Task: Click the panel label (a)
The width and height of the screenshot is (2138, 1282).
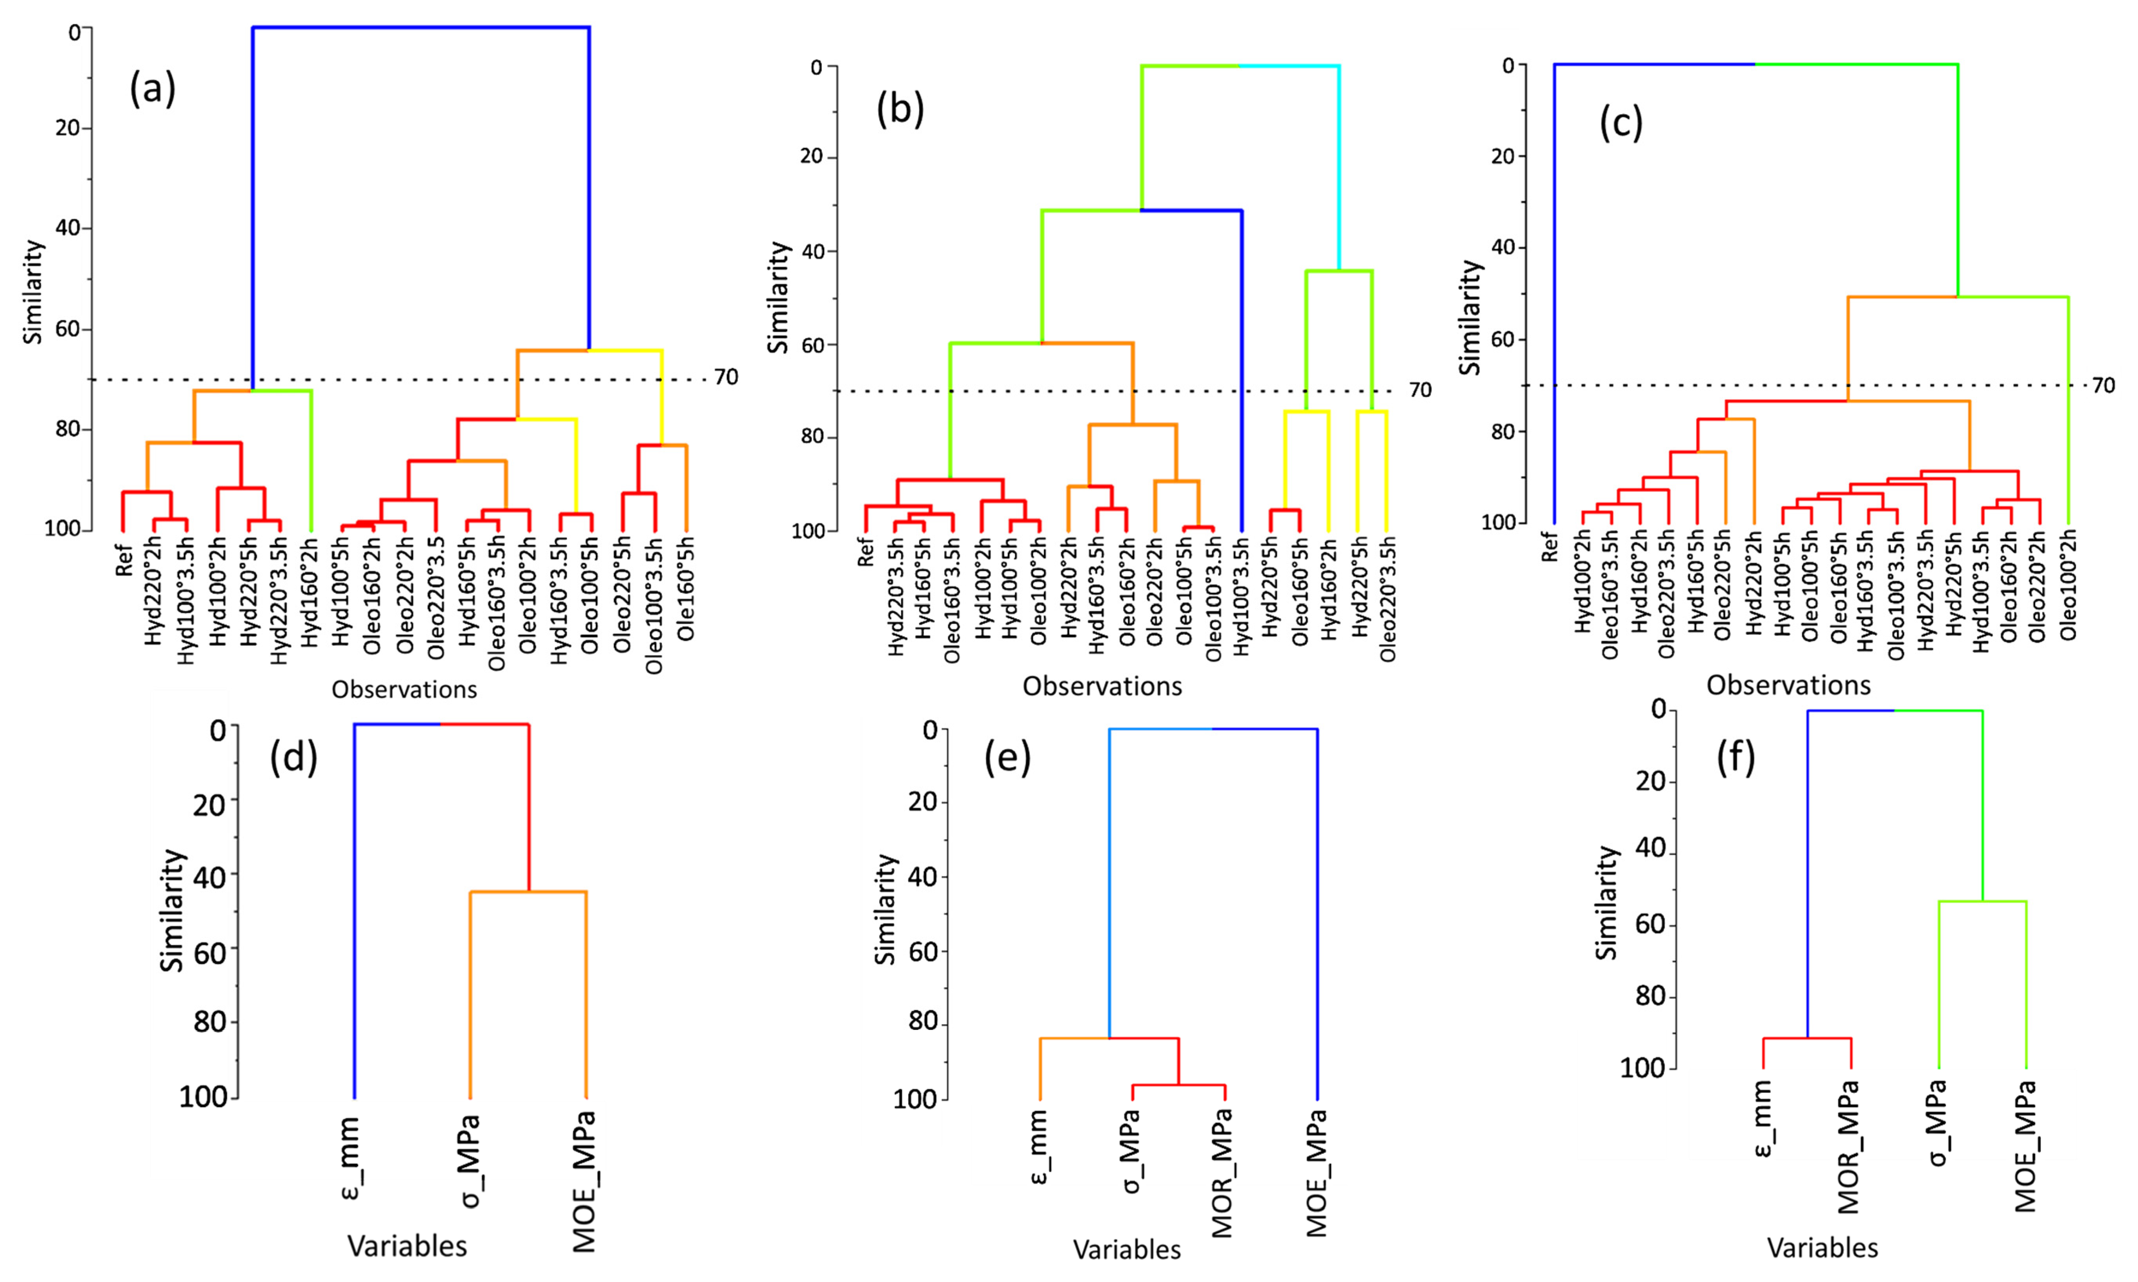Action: coord(153,89)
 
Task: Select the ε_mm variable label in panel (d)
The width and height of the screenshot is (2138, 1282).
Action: coord(353,1158)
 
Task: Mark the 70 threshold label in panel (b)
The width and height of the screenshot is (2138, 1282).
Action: coord(1419,390)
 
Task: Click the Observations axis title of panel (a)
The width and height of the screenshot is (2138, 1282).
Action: coord(404,689)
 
